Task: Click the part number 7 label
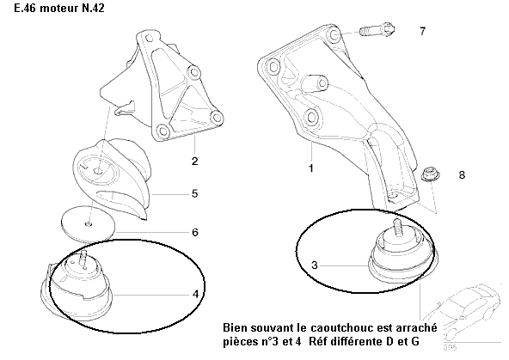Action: (x=422, y=31)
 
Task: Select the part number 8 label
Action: (x=462, y=175)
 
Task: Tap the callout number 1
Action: (x=311, y=168)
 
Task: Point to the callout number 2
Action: (x=194, y=162)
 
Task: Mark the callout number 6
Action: (x=195, y=232)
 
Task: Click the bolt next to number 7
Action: (x=377, y=30)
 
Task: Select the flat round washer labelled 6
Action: (x=88, y=224)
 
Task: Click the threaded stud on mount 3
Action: (x=396, y=226)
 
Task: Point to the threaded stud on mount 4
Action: (x=83, y=258)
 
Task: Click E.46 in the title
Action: (x=25, y=8)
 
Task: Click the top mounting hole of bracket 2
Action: (x=149, y=39)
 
